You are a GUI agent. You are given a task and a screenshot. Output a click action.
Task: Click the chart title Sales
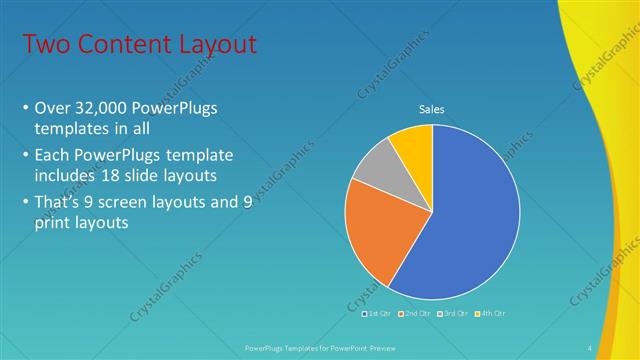[x=431, y=109]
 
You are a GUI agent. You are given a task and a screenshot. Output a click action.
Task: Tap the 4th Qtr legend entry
[x=489, y=314]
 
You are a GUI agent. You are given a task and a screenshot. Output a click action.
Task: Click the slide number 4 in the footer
[x=589, y=347]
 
